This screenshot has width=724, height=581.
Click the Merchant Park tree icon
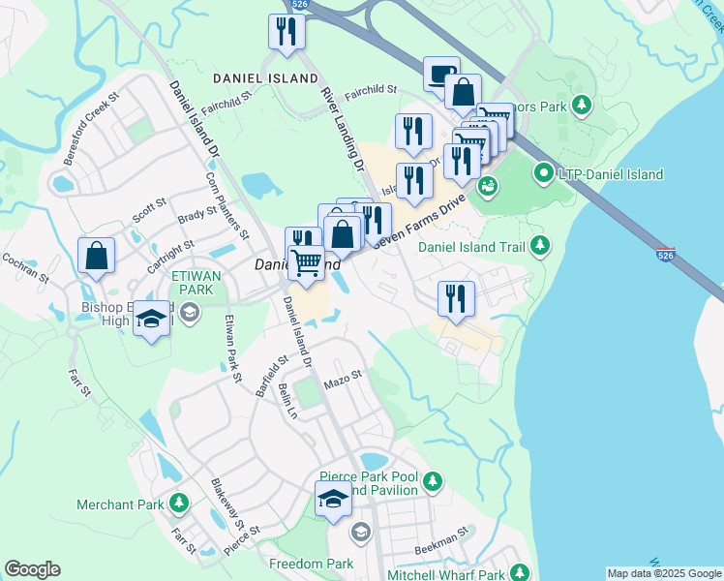click(178, 503)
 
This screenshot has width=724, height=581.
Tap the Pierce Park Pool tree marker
click(433, 480)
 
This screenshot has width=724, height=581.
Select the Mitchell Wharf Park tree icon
click(520, 574)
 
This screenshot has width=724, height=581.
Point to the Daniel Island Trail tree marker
click(540, 246)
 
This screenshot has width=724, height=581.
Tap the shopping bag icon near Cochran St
click(97, 256)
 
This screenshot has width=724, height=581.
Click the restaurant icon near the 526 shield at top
click(287, 32)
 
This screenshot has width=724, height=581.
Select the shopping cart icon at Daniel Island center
click(307, 262)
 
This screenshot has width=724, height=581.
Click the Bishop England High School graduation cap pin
click(152, 321)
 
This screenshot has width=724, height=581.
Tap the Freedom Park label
click(312, 564)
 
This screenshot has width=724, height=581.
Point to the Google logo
click(32, 569)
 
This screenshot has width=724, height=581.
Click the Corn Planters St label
click(228, 207)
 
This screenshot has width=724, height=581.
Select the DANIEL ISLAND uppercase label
click(265, 77)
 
